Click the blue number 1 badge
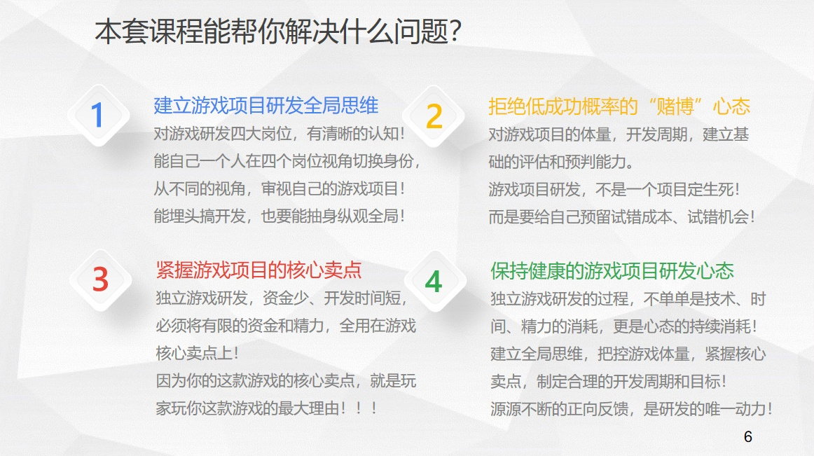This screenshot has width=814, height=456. [98, 116]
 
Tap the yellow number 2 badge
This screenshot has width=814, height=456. [434, 116]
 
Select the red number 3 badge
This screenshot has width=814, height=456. [100, 280]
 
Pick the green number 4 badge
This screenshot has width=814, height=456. [434, 281]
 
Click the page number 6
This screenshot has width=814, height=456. [747, 437]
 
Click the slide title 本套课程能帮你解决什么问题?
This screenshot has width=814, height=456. [278, 32]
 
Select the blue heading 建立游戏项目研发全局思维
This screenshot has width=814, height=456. [265, 106]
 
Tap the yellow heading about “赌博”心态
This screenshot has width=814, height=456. [619, 106]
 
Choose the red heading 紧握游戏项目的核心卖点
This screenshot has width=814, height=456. [258, 270]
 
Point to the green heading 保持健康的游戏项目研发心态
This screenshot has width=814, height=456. [612, 271]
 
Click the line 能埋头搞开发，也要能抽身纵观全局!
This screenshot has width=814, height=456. [280, 216]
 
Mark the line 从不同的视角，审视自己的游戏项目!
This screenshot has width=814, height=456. [280, 188]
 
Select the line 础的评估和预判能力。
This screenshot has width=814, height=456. [561, 162]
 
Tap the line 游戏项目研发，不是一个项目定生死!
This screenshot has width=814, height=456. [614, 190]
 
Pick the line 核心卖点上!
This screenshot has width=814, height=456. [198, 353]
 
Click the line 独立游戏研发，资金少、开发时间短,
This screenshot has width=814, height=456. [282, 298]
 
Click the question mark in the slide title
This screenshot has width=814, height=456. [455, 32]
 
